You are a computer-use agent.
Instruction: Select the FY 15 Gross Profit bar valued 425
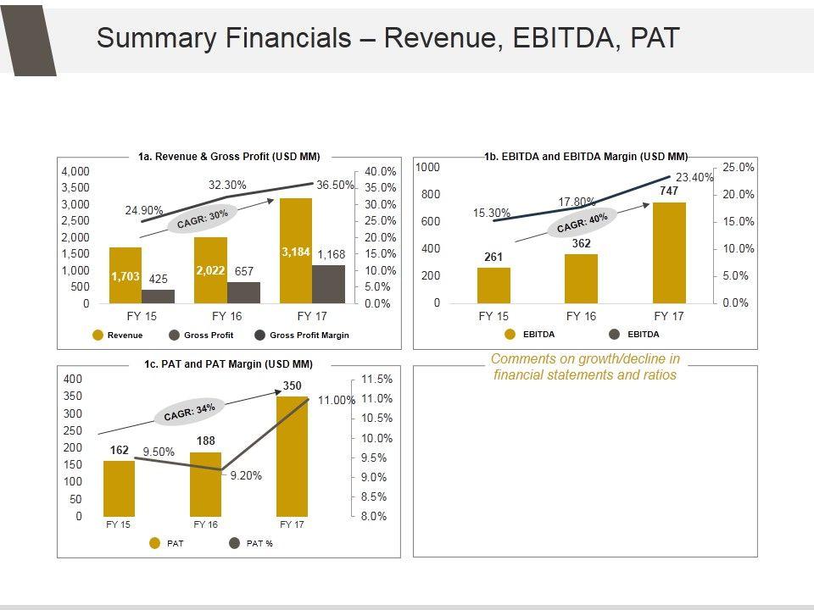click(158, 297)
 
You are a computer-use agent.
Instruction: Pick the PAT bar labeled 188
click(205, 484)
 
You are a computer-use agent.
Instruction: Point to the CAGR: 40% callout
click(583, 224)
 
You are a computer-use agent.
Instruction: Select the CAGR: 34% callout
click(189, 412)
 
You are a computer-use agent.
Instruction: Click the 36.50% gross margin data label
click(335, 186)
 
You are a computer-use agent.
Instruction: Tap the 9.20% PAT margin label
click(246, 476)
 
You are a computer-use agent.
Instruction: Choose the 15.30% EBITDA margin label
click(492, 213)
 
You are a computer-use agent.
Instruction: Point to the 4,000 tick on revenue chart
click(75, 171)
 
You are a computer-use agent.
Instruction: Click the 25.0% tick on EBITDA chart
click(738, 168)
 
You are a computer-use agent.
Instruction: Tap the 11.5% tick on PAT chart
click(377, 379)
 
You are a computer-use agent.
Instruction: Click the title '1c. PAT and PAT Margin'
click(228, 364)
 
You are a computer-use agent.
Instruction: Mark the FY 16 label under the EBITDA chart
click(582, 316)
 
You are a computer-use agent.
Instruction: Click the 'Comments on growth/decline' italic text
click(585, 367)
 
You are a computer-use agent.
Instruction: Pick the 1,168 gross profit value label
click(331, 254)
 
